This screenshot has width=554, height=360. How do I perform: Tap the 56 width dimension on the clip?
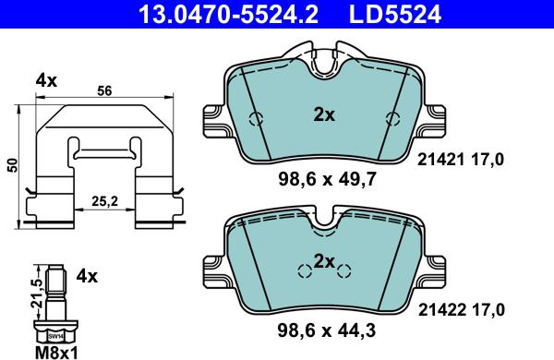click(103, 91)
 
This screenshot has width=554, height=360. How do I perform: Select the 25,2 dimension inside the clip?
click(103, 201)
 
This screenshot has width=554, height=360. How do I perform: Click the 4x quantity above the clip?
click(46, 79)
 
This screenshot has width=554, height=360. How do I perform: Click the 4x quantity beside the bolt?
click(88, 275)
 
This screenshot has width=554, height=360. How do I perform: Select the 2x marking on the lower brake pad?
click(323, 262)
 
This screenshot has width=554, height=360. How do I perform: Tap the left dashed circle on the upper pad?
click(258, 117)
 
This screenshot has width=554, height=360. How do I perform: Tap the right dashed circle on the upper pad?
click(392, 117)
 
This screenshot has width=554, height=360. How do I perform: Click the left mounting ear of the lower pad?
click(211, 268)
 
